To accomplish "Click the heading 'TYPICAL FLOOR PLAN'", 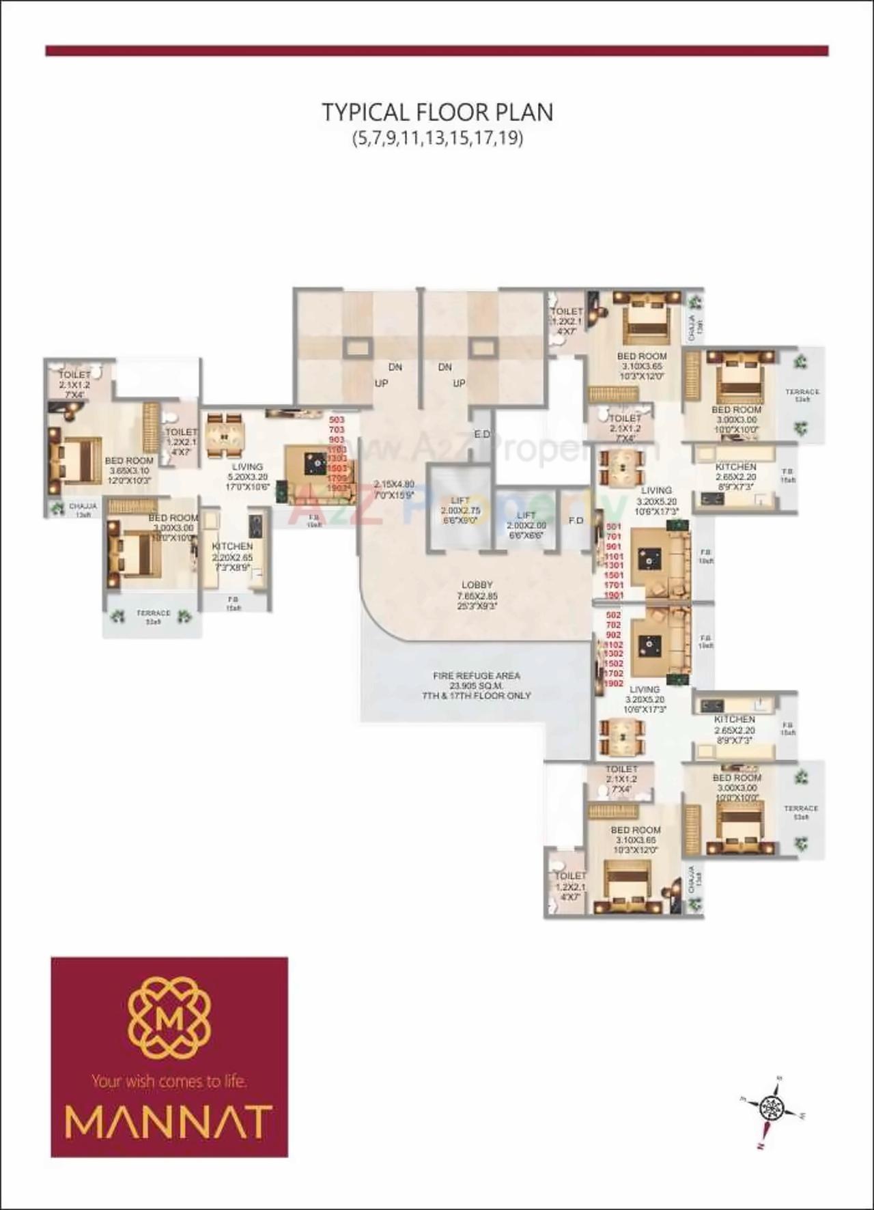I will pyautogui.click(x=437, y=112).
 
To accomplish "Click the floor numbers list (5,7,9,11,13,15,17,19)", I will pyautogui.click(x=437, y=139).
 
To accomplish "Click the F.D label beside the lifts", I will pyautogui.click(x=576, y=520).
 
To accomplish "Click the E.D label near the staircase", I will pyautogui.click(x=482, y=434).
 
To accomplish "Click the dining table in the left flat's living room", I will pyautogui.click(x=224, y=435).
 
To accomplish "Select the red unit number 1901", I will pyautogui.click(x=614, y=595).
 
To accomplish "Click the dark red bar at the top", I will pyautogui.click(x=437, y=51).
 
